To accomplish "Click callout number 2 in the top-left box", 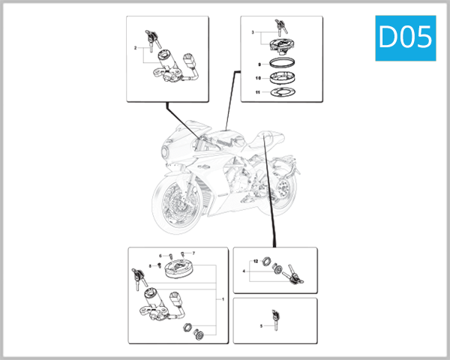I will pos(135,47).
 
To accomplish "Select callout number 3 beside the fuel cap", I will pos(253,33).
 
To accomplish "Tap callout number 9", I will pos(259,65).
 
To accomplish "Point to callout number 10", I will pos(258,79).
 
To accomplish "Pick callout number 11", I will pos(258,93).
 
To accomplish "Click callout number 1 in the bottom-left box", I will pos(222,299).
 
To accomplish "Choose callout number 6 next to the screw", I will pos(160,256).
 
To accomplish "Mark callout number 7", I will pos(193,253).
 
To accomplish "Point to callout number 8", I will pos(150,265).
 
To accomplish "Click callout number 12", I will pos(256,260).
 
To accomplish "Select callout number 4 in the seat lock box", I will pos(244,270).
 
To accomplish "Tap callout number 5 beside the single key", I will pos(261,326).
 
